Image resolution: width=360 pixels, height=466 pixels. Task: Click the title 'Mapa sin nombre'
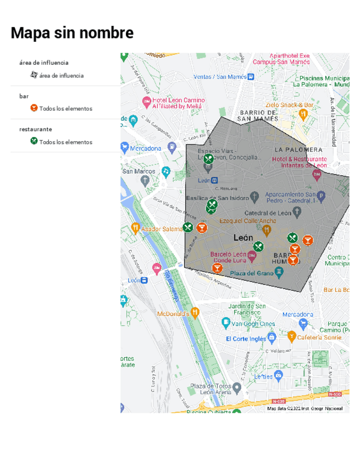72,33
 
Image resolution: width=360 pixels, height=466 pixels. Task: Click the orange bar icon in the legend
34,108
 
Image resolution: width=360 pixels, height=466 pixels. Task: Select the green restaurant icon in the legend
34,141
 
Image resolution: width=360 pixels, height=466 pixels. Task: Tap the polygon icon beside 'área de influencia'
34,75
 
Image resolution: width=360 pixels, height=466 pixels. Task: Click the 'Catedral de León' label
268,213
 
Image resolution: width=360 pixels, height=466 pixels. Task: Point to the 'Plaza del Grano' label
251,273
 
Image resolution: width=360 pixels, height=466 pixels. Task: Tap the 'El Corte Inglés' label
246,339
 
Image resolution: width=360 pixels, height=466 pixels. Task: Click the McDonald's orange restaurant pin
195,313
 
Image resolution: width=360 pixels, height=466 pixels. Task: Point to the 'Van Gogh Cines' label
253,324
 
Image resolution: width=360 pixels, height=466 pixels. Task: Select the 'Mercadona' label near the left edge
146,148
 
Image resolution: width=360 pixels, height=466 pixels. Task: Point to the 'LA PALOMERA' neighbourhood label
298,149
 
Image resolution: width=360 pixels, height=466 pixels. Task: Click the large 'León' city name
243,238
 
